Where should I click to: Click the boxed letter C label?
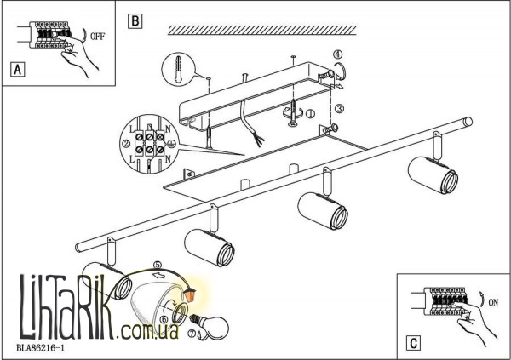[411, 344]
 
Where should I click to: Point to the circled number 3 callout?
[338, 109]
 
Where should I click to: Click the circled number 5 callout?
[158, 265]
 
